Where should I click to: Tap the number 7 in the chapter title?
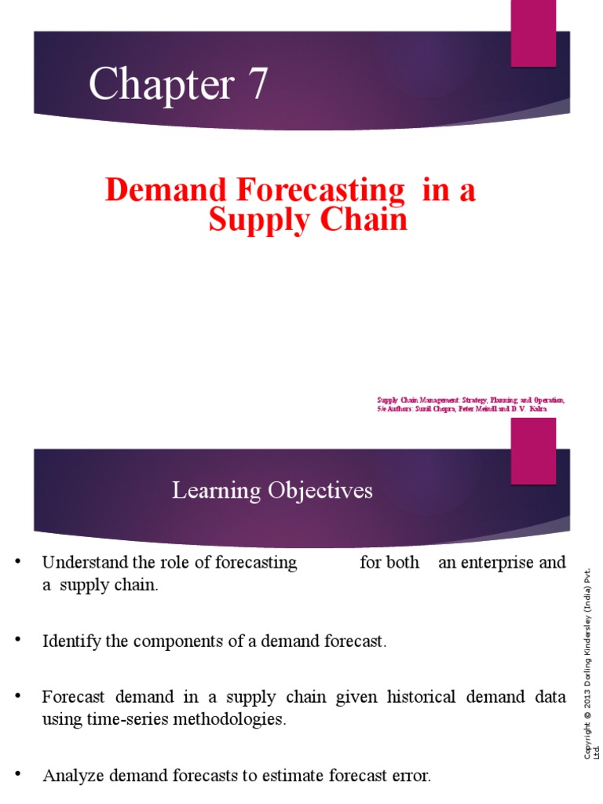[x=256, y=85]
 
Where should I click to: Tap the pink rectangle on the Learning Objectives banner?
[x=533, y=451]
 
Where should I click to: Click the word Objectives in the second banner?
[x=323, y=492]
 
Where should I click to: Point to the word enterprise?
[x=497, y=563]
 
